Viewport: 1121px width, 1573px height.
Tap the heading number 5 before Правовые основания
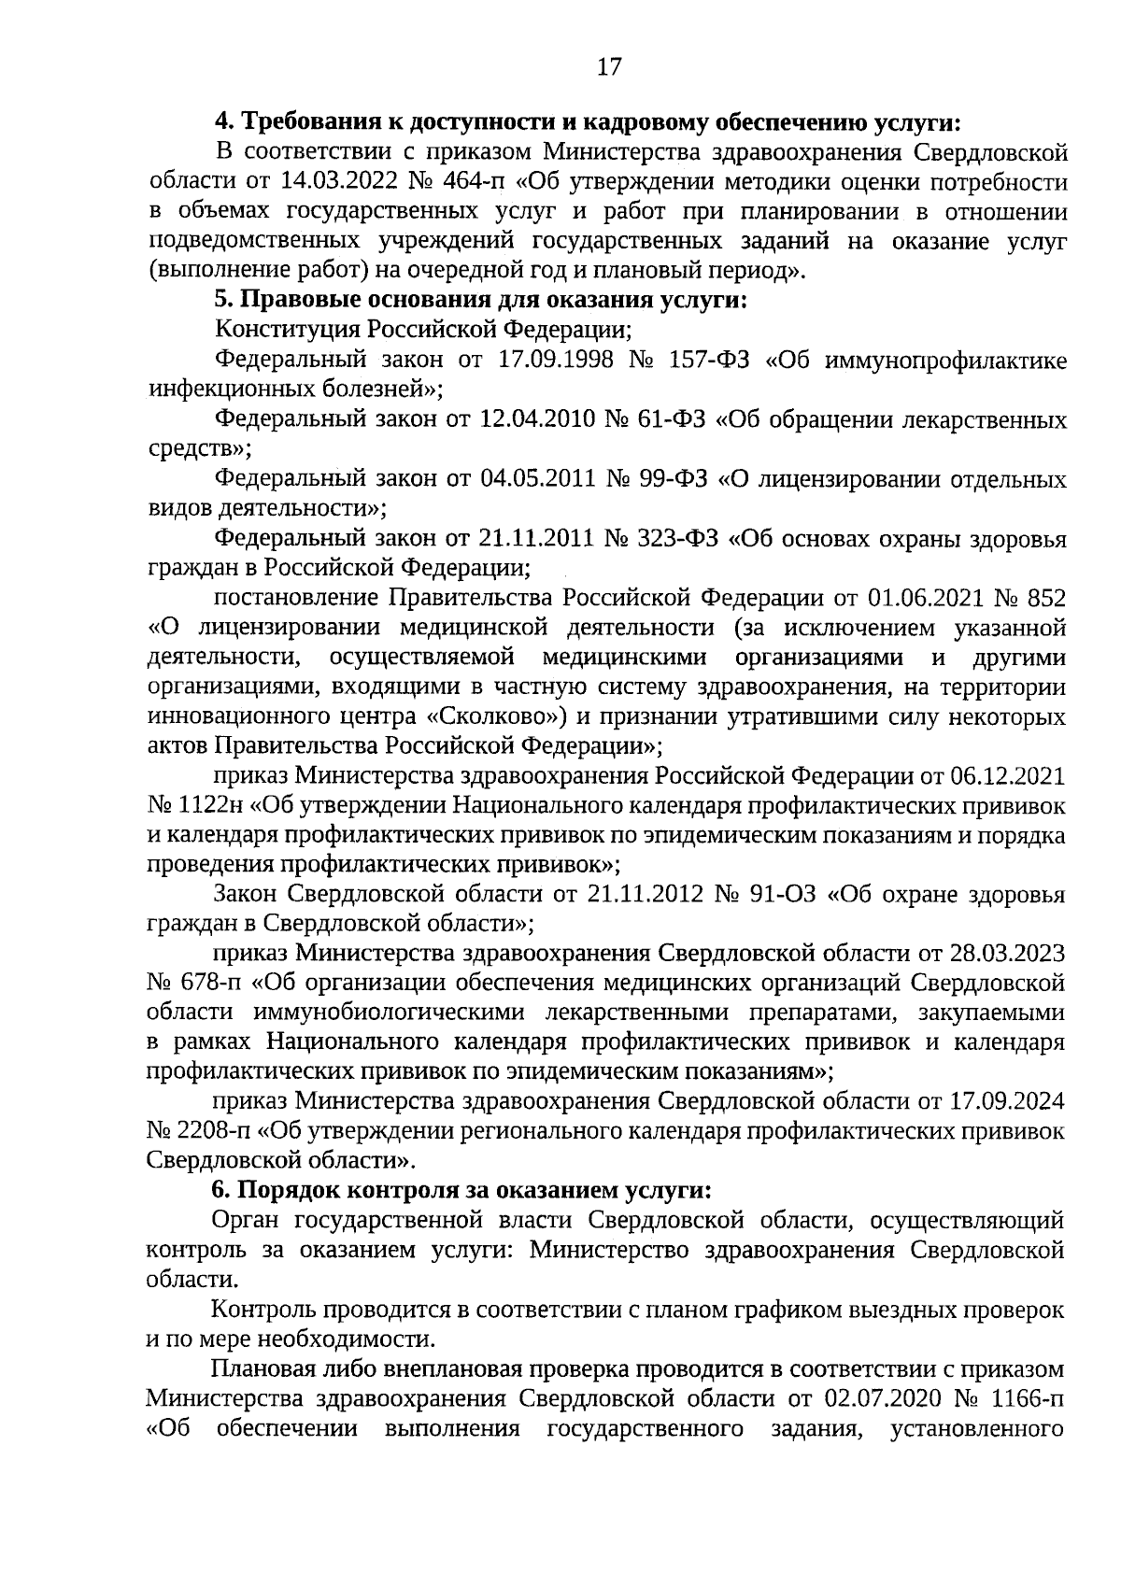point(222,301)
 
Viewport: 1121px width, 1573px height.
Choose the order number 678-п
point(210,983)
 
